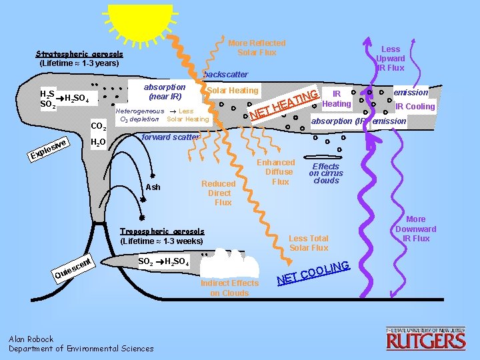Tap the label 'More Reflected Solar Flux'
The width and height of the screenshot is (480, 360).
[x=257, y=47]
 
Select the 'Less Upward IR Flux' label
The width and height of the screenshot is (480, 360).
[x=390, y=58]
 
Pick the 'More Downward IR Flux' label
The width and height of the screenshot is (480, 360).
[x=415, y=229]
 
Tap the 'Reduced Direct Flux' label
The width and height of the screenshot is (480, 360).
[x=219, y=193]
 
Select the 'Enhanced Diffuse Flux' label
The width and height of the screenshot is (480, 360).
[x=280, y=172]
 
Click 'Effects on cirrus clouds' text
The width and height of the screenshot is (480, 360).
[x=326, y=173]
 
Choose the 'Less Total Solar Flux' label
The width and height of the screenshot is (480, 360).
[x=309, y=243]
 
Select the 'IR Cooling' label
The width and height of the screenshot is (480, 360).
[x=415, y=107]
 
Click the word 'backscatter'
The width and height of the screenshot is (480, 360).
[x=225, y=74]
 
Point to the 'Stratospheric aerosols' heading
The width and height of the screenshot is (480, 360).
[x=79, y=53]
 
